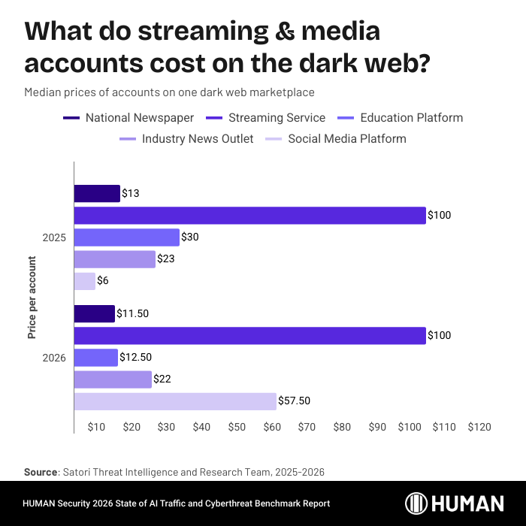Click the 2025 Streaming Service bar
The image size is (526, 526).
[x=249, y=216]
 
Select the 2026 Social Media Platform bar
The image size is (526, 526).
[x=175, y=401]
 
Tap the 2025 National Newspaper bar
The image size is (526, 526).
[x=97, y=194]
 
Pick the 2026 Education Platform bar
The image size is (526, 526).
[x=96, y=358]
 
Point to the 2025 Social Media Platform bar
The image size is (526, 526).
[x=85, y=281]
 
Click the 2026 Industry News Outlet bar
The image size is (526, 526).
[x=113, y=379]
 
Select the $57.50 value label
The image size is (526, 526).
[x=294, y=401]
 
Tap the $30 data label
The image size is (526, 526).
[x=189, y=237]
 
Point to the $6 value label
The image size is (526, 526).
[x=104, y=281]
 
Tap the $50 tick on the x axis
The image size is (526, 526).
[x=237, y=427]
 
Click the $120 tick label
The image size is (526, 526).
[x=479, y=427]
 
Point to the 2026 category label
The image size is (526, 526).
[x=55, y=358]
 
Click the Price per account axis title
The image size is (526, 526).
[x=32, y=298]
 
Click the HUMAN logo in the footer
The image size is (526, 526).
[x=455, y=503]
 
